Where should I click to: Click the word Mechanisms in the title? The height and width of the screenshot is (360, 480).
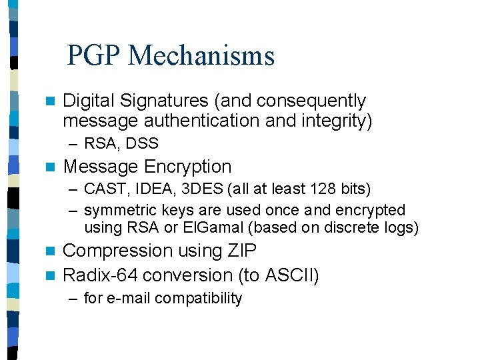201,55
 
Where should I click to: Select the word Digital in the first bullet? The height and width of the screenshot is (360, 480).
89,101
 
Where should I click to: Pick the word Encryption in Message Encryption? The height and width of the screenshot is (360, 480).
188,167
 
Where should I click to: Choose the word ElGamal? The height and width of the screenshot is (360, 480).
217,227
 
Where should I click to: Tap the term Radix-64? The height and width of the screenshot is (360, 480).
100,275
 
